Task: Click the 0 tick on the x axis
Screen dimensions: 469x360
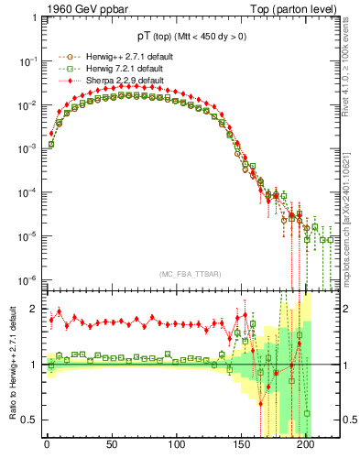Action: click(47, 456)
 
